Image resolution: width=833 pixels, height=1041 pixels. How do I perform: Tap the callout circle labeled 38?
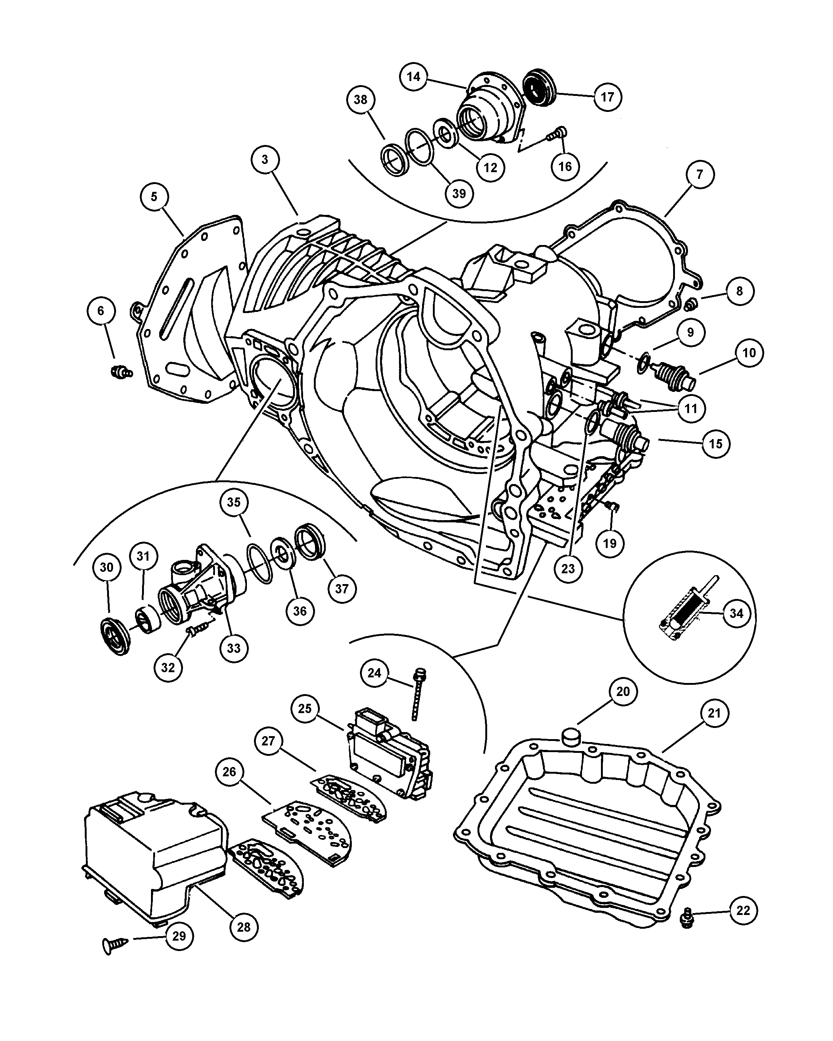point(361,100)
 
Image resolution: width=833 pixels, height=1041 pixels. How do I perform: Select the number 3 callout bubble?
point(265,160)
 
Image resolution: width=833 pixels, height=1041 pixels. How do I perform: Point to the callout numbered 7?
point(700,174)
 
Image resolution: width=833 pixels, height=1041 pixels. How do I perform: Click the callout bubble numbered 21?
point(714,713)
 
